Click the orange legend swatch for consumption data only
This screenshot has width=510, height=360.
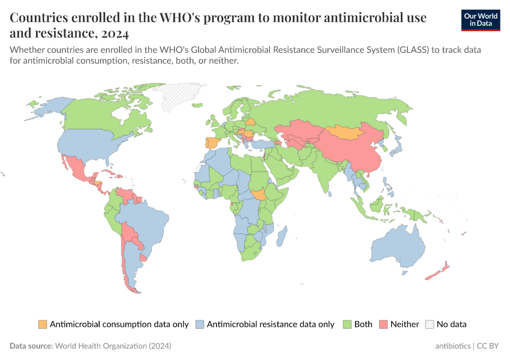pyautogui.click(x=43, y=324)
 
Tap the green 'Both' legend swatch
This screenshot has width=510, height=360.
pyautogui.click(x=347, y=324)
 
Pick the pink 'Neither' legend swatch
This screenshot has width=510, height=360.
pyautogui.click(x=383, y=324)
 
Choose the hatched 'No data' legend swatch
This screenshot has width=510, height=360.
pyautogui.click(x=430, y=324)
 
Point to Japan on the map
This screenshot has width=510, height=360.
pyautogui.click(x=396, y=146)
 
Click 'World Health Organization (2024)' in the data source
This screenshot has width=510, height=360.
pyautogui.click(x=113, y=346)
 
